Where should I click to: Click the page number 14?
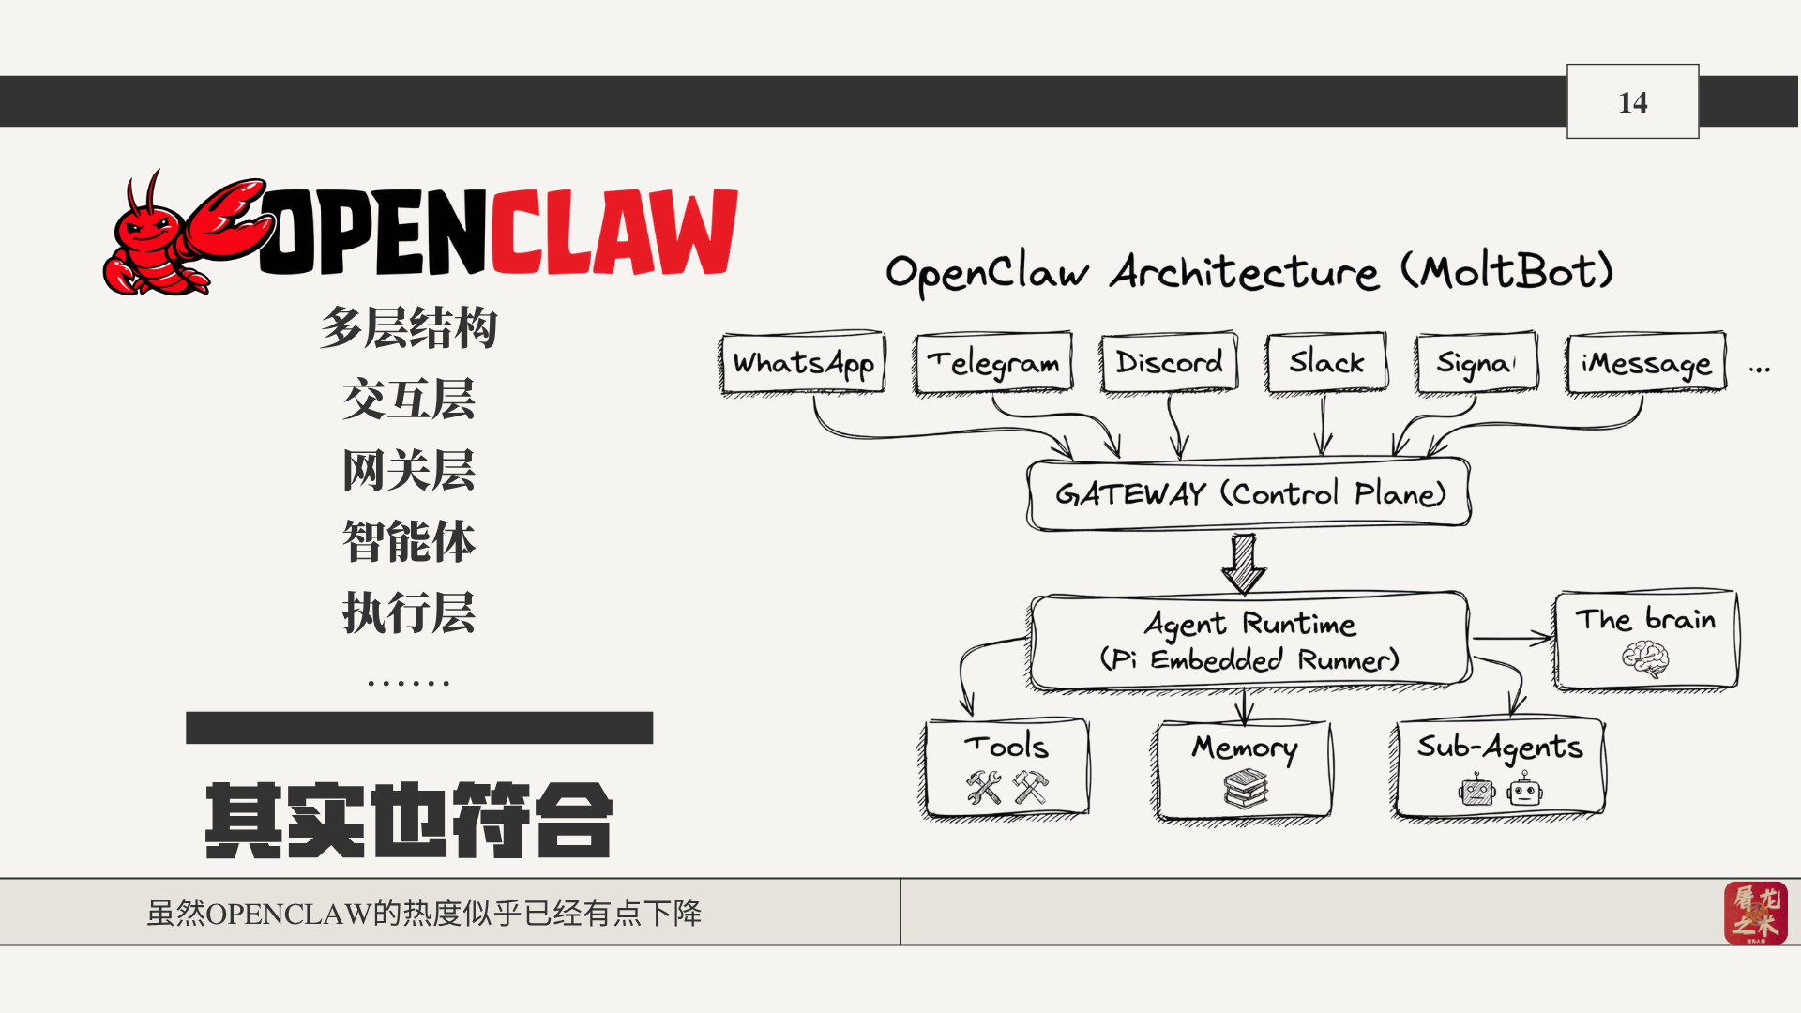1632,102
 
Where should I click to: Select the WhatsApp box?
803,363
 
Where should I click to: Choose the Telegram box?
993,363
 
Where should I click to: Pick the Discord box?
1169,362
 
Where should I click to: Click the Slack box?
1325,362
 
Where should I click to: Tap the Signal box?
1476,363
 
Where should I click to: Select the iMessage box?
1645,364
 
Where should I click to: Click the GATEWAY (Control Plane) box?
1249,494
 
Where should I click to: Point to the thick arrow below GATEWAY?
1244,563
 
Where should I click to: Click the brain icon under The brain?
1645,658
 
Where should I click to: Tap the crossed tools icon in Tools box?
1006,788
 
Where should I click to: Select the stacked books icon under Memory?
1245,789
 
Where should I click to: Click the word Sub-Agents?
1499,748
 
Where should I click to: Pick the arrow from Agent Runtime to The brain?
1512,639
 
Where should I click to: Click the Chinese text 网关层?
409,471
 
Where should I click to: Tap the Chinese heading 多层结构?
409,328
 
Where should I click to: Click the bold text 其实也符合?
409,821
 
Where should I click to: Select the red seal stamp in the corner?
1755,912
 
